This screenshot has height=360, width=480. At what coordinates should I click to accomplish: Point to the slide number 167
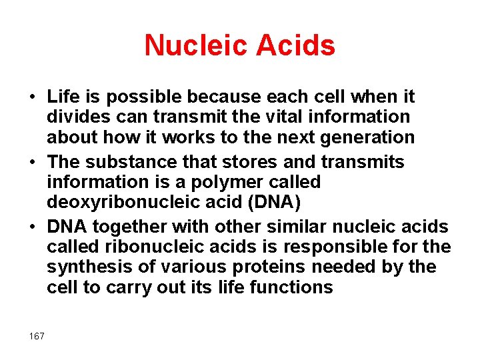click(37, 336)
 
